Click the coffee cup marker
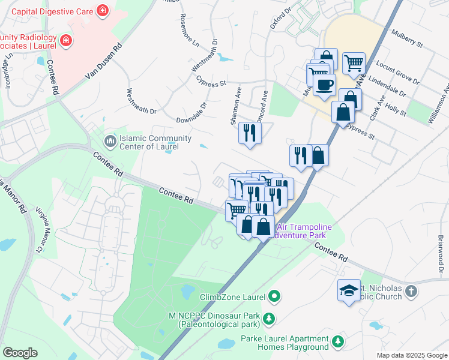[324, 84]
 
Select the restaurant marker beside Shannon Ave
[250, 133]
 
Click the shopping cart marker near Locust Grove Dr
[354, 62]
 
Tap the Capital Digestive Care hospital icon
[103, 11]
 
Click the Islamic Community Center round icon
[109, 140]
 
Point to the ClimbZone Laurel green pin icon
[274, 296]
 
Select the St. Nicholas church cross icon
[411, 291]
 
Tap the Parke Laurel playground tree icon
[338, 341]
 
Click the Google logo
[20, 352]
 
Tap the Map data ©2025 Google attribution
[411, 355]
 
